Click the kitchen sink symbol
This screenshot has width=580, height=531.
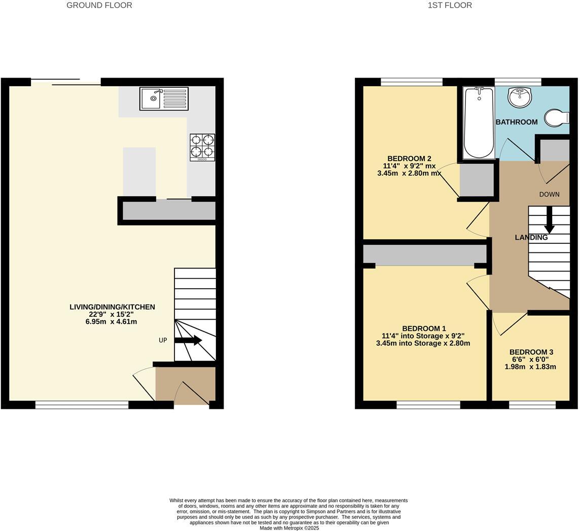pos(164,99)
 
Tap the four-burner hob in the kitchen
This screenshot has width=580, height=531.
pos(202,147)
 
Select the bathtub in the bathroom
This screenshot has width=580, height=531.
pos(479,123)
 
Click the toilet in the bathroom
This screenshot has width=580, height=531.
pos(556,118)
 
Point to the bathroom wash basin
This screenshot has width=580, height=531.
pos(520,97)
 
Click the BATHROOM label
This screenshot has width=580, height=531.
pos(516,122)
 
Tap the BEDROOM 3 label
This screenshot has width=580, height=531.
pos(531,352)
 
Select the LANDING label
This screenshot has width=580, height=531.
pos(531,237)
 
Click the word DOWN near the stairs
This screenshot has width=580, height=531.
pos(549,195)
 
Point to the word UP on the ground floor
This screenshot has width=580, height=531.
pos(163,340)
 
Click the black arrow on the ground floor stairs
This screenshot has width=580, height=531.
pos(188,340)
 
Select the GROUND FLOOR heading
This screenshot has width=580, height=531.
pos(99,6)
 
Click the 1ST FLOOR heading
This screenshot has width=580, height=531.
pos(450,6)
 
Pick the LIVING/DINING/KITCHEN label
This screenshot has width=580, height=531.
pos(112,307)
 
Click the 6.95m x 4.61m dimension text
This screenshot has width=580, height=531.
pos(111,322)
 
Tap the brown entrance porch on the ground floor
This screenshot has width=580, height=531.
pos(185,385)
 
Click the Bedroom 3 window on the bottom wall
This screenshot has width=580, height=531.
pos(532,404)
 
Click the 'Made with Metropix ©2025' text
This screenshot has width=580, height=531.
pos(289,528)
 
